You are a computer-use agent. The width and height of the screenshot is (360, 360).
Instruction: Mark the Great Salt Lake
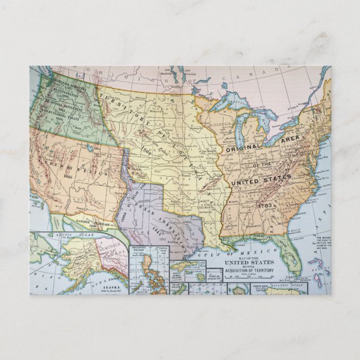[x=89, y=148]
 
